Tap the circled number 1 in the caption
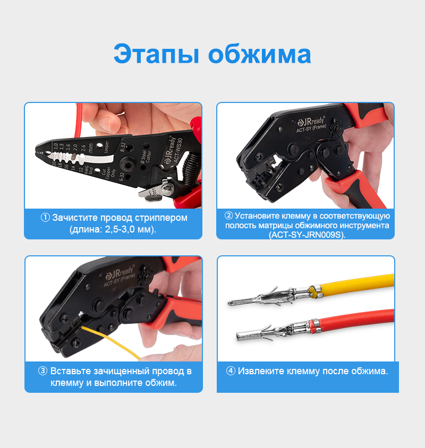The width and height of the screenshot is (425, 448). pyautogui.click(x=45, y=218)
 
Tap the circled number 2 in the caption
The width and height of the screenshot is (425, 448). pyautogui.click(x=228, y=216)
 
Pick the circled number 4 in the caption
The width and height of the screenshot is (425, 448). pyautogui.click(x=231, y=371)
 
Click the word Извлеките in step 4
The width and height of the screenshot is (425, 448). pyautogui.click(x=260, y=371)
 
